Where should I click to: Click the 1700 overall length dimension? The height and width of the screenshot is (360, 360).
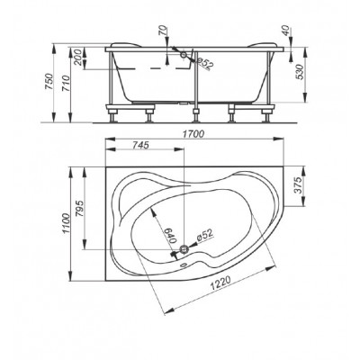(194, 133)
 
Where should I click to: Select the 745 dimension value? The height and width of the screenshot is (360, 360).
(140, 145)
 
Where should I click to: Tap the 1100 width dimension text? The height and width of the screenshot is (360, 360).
(66, 223)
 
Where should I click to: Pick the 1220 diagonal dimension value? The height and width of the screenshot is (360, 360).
(220, 283)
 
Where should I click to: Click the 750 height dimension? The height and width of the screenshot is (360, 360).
(49, 82)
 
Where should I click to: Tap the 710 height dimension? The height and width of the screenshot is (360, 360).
(66, 83)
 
